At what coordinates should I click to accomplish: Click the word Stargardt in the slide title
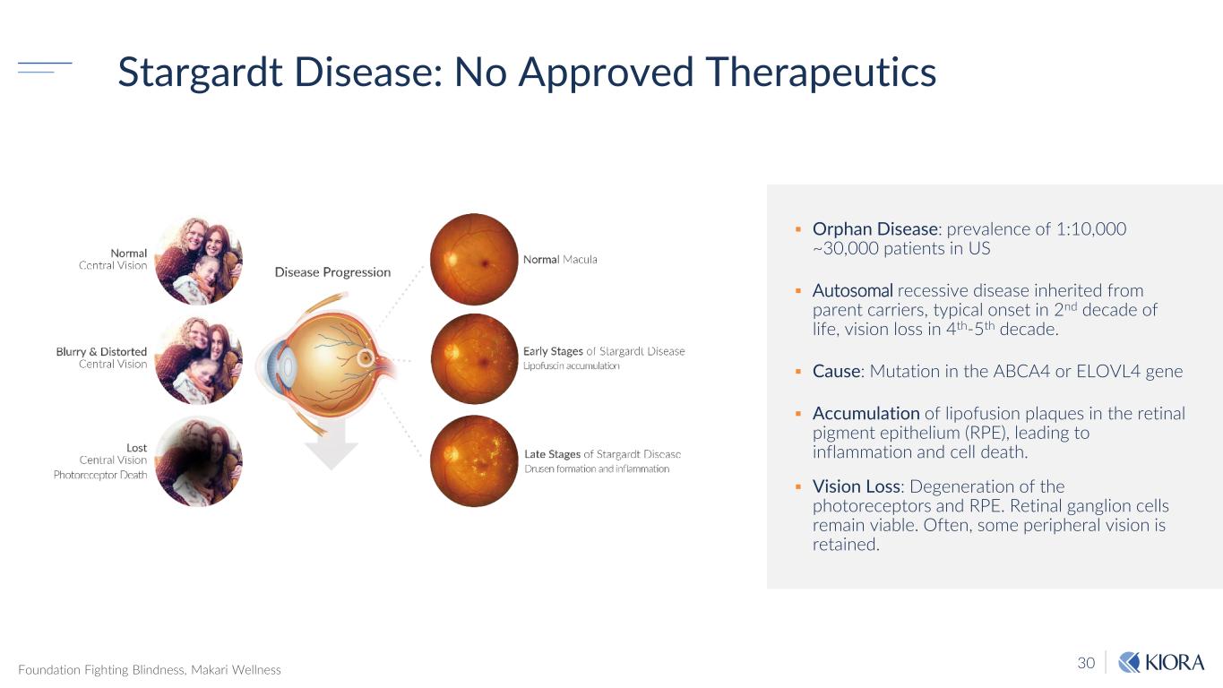(201, 73)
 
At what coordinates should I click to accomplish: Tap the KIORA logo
(1161, 662)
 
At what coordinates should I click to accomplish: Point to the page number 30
(1086, 663)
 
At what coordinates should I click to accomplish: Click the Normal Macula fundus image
(474, 260)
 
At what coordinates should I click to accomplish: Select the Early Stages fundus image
(474, 358)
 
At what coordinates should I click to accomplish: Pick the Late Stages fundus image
(474, 460)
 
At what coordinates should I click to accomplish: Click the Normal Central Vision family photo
(198, 261)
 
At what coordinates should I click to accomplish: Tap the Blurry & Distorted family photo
(198, 360)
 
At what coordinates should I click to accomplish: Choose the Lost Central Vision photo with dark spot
(198, 461)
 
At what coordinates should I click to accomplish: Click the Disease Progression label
(332, 272)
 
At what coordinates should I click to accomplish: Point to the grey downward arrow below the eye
(332, 444)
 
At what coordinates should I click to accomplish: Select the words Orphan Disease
(874, 229)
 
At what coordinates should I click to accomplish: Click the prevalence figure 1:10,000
(1091, 228)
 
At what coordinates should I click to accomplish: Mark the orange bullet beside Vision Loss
(798, 486)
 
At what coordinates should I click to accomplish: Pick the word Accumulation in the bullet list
(866, 413)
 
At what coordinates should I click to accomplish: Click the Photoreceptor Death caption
(100, 475)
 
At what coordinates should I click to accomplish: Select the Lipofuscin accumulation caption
(571, 365)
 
